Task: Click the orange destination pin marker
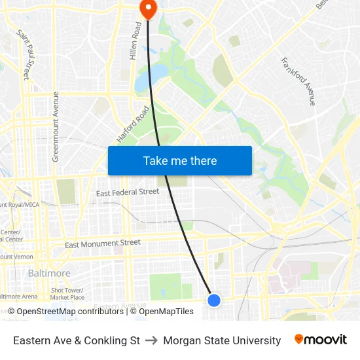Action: tap(148, 8)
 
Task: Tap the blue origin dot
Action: tap(214, 300)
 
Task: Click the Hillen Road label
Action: tap(135, 41)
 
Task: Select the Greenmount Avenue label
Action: tap(55, 126)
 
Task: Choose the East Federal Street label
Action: tap(128, 192)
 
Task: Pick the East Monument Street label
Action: tap(102, 243)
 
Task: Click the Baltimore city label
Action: tap(49, 273)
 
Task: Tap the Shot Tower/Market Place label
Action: tap(67, 293)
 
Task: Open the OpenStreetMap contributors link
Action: tap(69, 312)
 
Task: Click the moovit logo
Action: tap(320, 340)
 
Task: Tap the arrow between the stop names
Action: tap(151, 340)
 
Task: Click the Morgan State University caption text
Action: tap(222, 340)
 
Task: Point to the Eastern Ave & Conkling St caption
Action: tap(77, 340)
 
